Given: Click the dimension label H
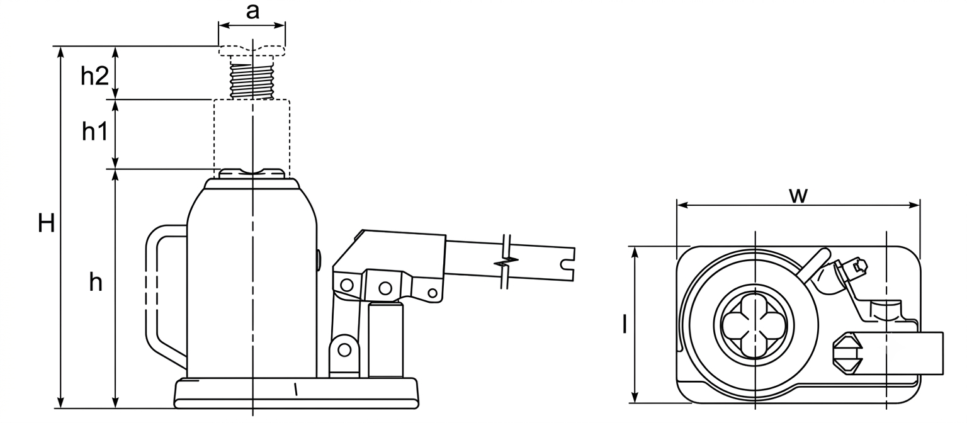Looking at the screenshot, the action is [46, 224].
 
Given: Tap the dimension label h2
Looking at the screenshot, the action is [94, 76].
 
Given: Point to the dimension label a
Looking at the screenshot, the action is [252, 12].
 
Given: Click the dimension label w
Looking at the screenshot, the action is [798, 196].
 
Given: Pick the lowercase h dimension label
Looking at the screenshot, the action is [96, 283].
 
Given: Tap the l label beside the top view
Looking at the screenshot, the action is [625, 324].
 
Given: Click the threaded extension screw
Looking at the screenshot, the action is [252, 81].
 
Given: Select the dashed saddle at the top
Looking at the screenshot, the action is [252, 50].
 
